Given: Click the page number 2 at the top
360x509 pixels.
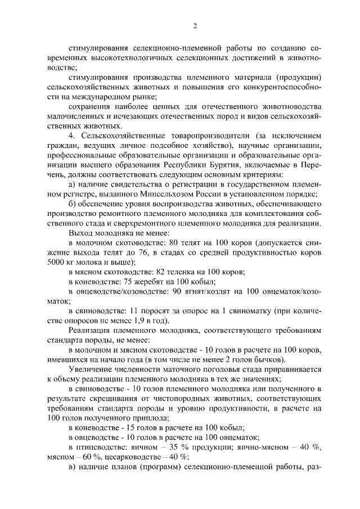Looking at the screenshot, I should click(x=195, y=26).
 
